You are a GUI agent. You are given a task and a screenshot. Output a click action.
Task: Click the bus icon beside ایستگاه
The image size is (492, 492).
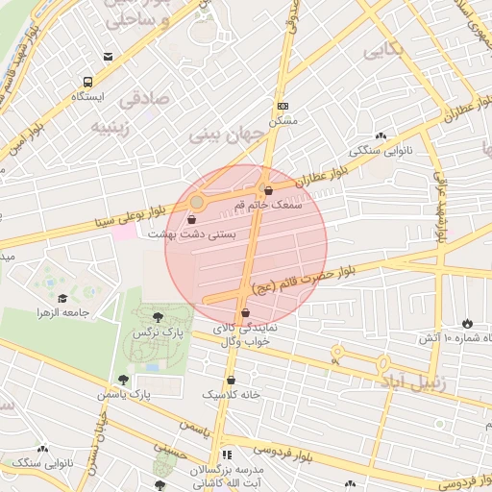click(87, 82)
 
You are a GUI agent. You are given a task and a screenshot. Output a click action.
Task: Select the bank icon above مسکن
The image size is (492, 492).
click(282, 106)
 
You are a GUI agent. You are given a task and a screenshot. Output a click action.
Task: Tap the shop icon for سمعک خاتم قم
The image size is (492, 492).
click(268, 189)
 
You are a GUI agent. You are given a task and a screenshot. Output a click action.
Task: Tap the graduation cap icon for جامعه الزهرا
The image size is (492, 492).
click(63, 298)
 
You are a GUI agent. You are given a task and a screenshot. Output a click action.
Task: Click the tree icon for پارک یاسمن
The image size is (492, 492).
click(123, 380)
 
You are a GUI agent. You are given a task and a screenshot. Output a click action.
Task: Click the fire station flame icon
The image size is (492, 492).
click(467, 323)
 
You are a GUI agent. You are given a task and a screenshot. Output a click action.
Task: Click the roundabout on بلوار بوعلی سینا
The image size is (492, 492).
click(197, 202)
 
